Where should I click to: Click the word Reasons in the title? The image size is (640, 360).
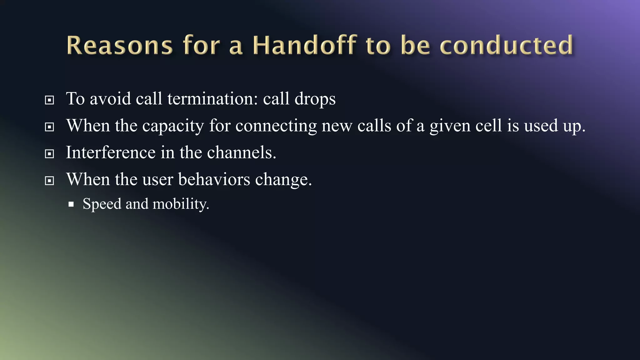point(119,46)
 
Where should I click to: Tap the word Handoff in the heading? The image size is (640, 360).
point(305,46)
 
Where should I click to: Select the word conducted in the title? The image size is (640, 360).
point(507,46)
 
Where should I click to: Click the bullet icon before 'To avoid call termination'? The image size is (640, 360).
point(49,100)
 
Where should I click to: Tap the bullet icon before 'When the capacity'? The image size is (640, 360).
point(49,127)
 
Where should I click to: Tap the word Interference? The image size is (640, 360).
point(111,152)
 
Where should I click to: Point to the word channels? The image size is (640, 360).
point(241,152)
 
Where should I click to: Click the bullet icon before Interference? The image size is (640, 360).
point(49,154)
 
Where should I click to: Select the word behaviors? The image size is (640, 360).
point(214,179)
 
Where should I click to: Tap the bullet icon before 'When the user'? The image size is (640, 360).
point(49,181)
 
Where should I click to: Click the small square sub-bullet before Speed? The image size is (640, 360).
point(71,204)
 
